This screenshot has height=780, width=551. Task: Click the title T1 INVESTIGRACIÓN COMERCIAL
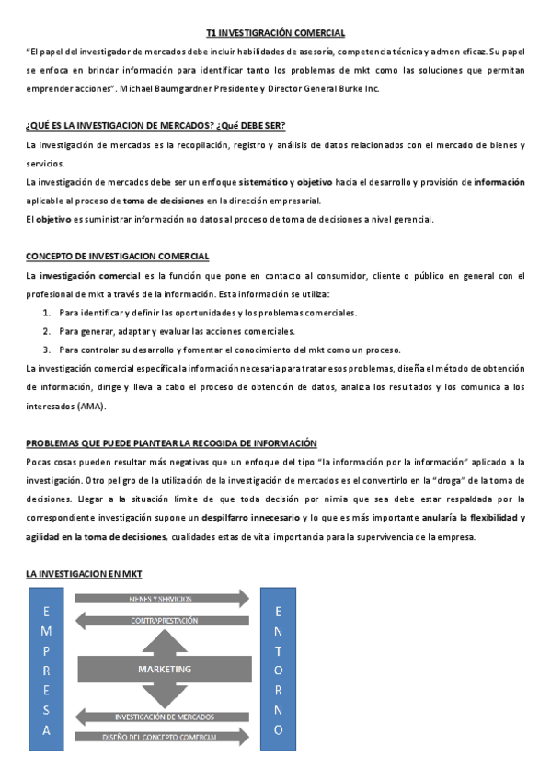tap(275, 33)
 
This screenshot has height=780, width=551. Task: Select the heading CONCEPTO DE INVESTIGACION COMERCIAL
tap(117, 256)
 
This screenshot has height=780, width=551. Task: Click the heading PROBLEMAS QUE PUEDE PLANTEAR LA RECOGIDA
tap(171, 442)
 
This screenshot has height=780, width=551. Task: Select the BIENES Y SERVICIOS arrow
tap(162, 599)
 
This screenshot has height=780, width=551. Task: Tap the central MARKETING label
tap(165, 669)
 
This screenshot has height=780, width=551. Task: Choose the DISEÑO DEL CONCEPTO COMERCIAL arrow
tap(162, 737)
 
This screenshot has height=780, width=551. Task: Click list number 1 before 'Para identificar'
tap(46, 313)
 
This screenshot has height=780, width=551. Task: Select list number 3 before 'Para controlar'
tap(46, 350)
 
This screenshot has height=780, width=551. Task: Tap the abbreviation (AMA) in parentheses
tap(92, 406)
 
